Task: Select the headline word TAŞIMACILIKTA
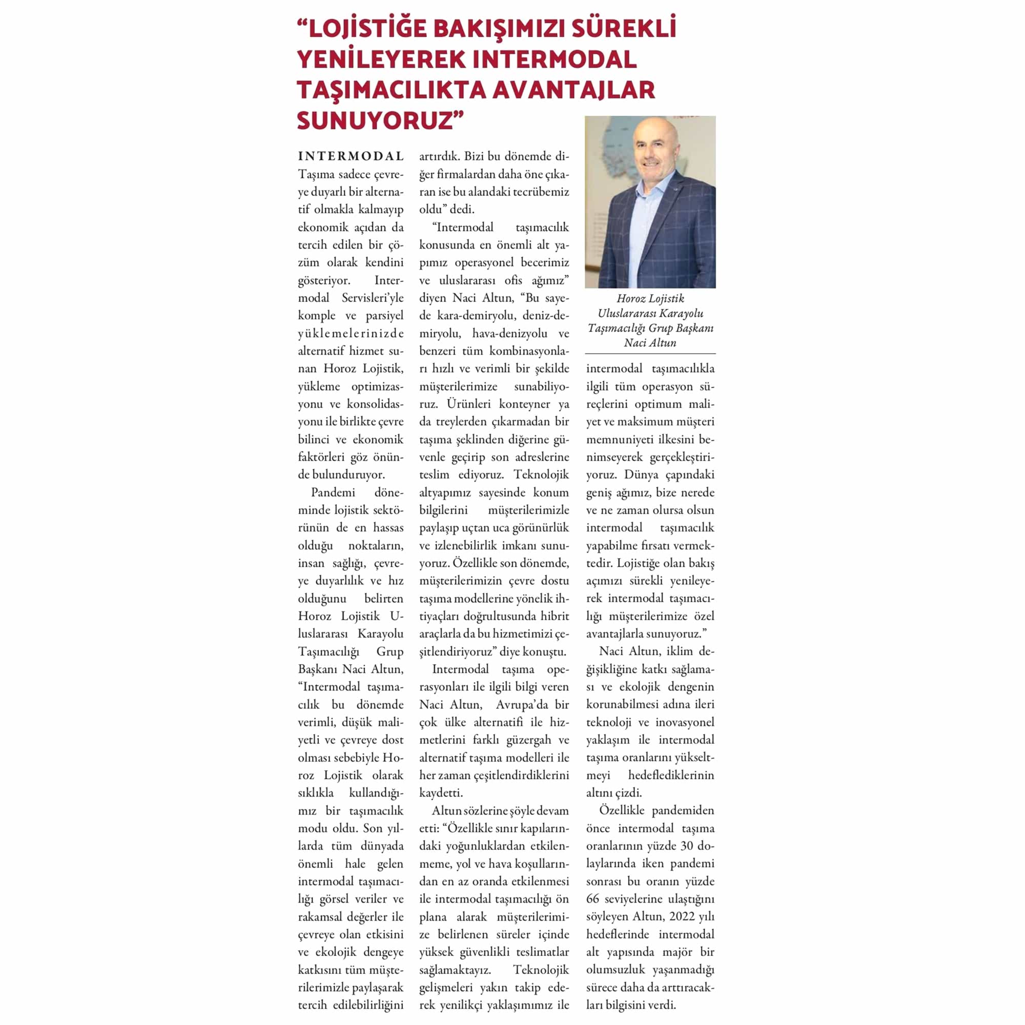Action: click(391, 90)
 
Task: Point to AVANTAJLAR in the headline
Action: click(573, 90)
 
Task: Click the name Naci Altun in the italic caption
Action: click(650, 343)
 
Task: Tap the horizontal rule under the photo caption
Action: click(650, 353)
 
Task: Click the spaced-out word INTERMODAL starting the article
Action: click(351, 156)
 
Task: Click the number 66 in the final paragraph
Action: click(593, 899)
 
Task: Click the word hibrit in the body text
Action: click(555, 616)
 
